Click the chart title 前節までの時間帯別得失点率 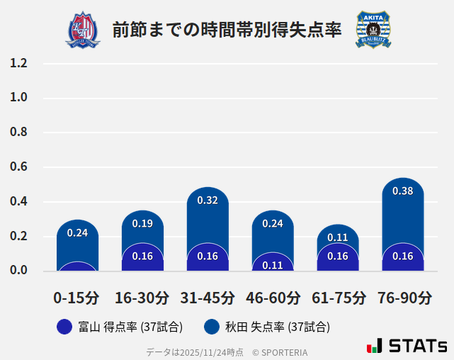(227, 30)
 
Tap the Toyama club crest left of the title (83, 30)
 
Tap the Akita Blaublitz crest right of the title (373, 30)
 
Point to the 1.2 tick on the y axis (19, 63)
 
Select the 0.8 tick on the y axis (19, 133)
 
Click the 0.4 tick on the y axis (19, 201)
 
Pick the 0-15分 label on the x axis (76, 298)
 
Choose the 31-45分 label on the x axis (208, 298)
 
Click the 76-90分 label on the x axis (404, 298)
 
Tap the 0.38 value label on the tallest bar (402, 191)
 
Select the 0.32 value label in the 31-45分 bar (208, 201)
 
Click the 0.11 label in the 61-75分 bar (338, 237)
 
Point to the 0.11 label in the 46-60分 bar (273, 265)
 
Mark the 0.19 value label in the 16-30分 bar (142, 223)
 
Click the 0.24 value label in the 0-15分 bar (77, 232)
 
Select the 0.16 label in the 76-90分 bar (402, 256)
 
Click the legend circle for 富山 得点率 (64, 327)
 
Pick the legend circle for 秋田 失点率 (211, 327)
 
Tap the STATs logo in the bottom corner (407, 346)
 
